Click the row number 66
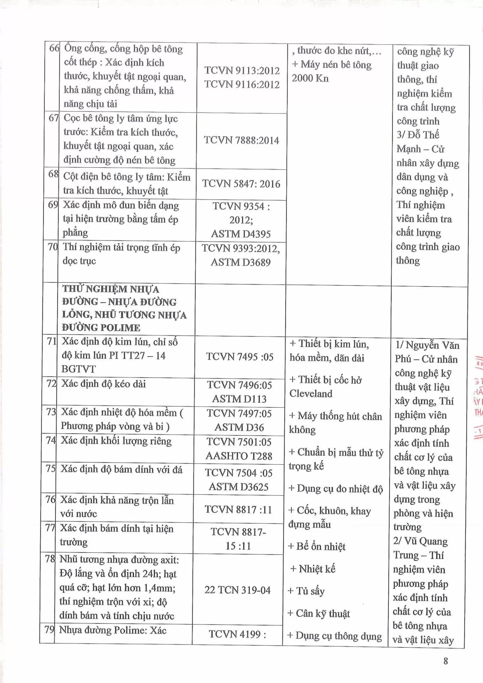[54, 48]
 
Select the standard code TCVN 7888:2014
[241, 140]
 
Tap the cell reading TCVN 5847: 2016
[241, 184]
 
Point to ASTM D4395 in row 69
[241, 234]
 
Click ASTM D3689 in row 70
[240, 262]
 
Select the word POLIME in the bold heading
[120, 328]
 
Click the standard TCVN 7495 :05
[240, 356]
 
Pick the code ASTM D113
[239, 399]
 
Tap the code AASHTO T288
[239, 456]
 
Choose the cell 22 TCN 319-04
[238, 590]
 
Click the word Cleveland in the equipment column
[311, 393]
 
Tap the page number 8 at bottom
[446, 661]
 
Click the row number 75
[50, 468]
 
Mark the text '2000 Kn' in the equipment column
[310, 78]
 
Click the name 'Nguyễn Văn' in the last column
[432, 345]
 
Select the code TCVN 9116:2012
[242, 84]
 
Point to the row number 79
[49, 630]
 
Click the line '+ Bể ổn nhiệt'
[316, 546]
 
